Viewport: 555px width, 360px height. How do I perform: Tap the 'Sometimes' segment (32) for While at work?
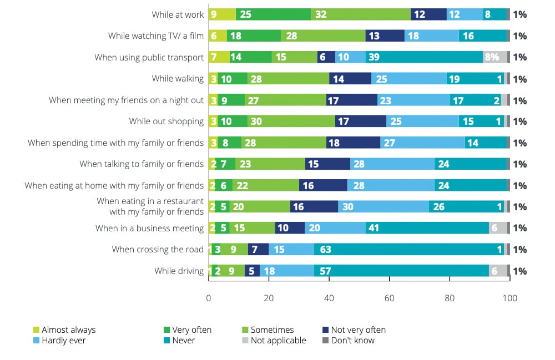361,14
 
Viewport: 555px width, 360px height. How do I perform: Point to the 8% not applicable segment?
495,57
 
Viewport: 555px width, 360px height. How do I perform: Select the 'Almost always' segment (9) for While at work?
222,14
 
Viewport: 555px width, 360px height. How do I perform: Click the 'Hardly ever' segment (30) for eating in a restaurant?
384,207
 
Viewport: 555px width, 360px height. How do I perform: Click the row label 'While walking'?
178,79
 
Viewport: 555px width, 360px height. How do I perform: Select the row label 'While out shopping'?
167,121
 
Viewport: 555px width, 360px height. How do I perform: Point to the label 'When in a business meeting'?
150,228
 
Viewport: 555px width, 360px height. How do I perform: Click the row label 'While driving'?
179,271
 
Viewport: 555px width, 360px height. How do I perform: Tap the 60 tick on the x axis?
389,298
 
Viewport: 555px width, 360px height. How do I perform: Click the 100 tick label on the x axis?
509,298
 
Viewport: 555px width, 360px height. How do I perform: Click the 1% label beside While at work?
519,14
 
